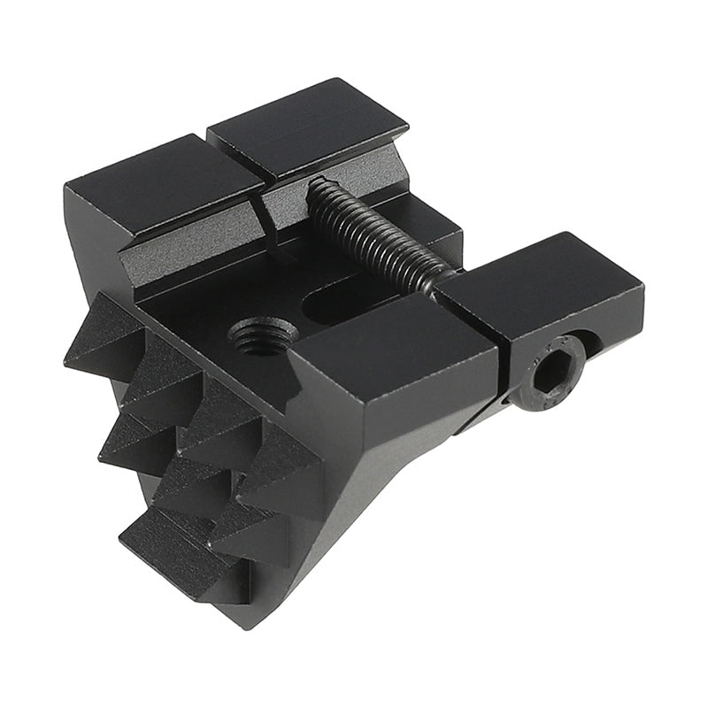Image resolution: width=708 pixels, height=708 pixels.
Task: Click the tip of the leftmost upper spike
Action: [71, 358]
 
